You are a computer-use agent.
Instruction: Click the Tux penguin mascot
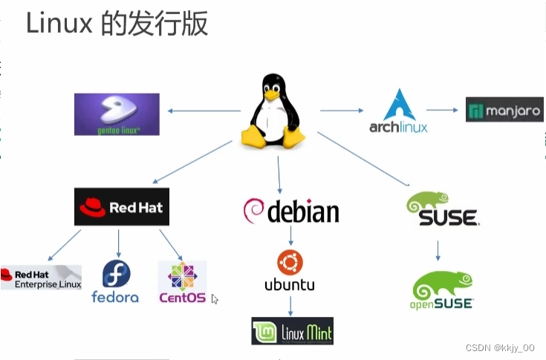click(274, 113)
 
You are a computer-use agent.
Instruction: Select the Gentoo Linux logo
click(117, 114)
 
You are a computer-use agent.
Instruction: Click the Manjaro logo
click(504, 109)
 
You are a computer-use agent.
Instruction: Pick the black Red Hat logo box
click(122, 206)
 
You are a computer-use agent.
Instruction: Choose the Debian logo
click(290, 211)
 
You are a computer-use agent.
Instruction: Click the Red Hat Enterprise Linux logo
click(41, 277)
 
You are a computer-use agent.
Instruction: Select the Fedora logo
click(115, 282)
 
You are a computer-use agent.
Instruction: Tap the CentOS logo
click(182, 282)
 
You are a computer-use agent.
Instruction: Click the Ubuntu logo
click(290, 270)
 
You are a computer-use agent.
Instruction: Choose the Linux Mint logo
click(292, 330)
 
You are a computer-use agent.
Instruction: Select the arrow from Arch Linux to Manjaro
click(443, 110)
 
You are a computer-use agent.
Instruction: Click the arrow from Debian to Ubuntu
click(290, 236)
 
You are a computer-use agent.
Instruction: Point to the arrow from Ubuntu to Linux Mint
click(290, 305)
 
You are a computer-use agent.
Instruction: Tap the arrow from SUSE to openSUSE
click(438, 249)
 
